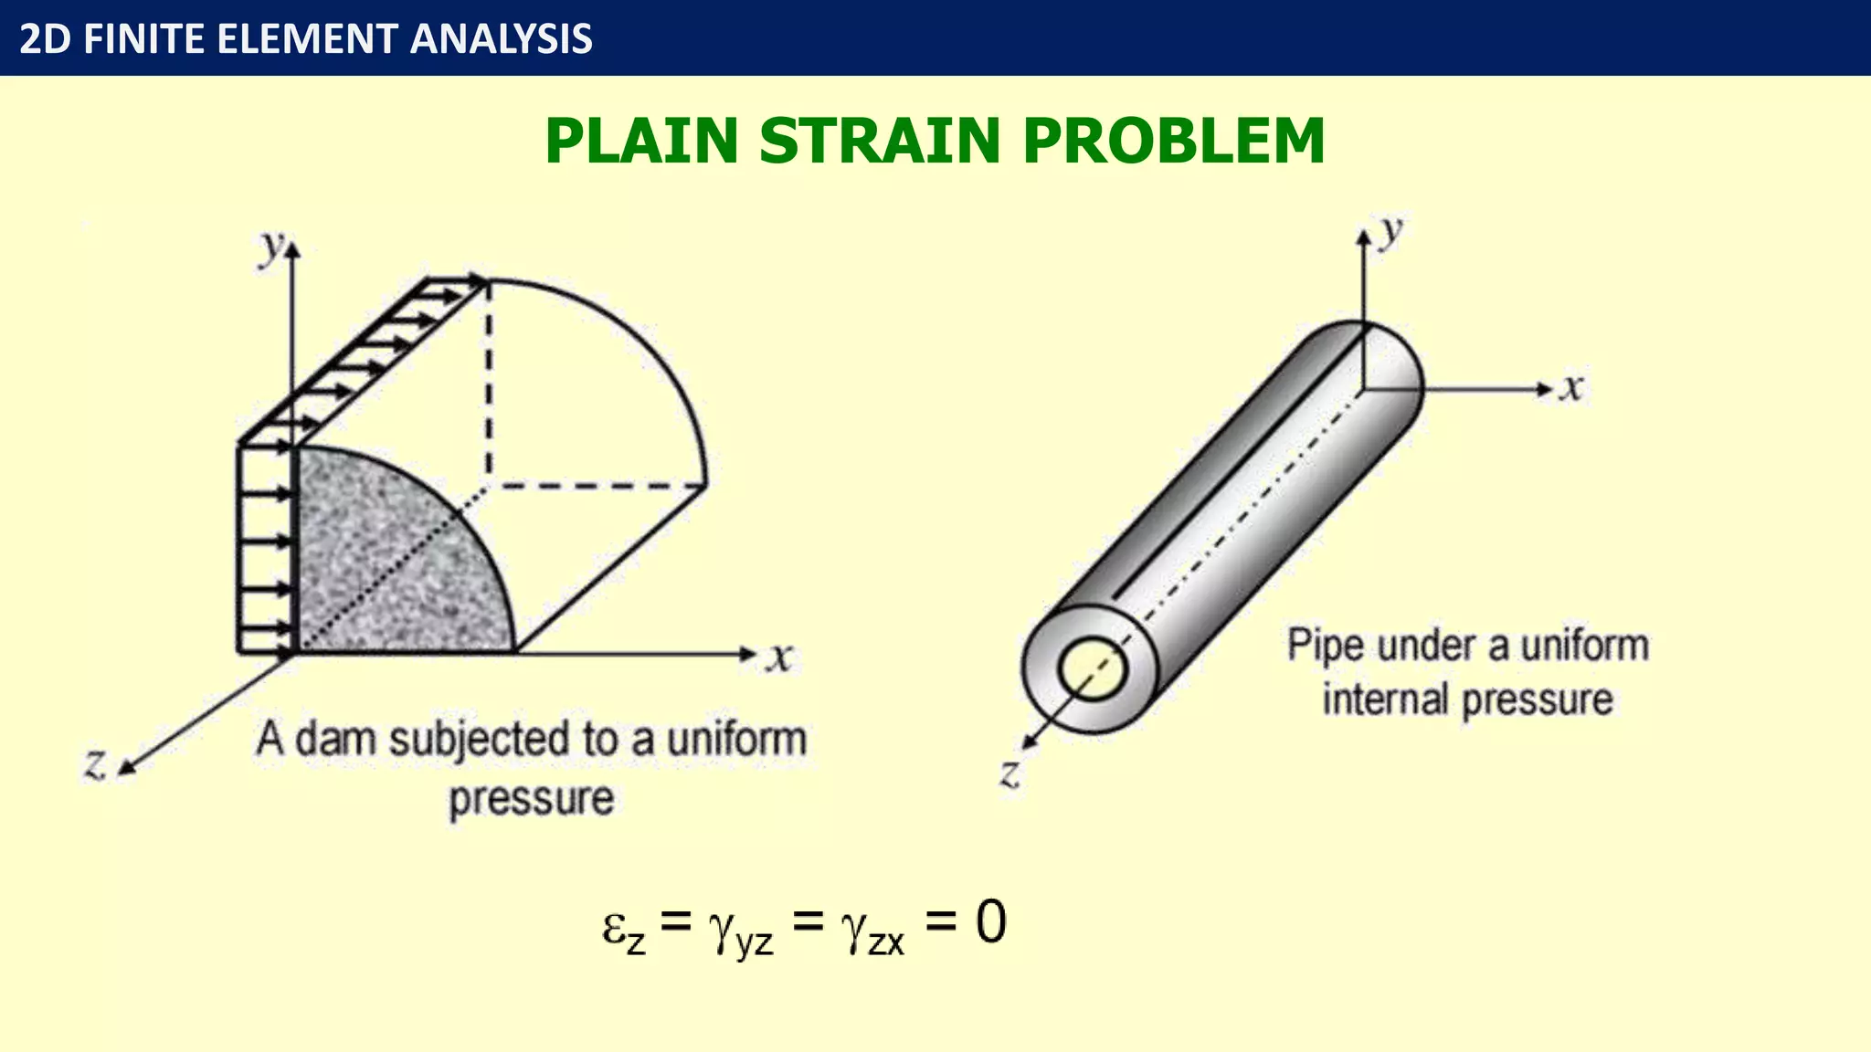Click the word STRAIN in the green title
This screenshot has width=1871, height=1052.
pyautogui.click(x=880, y=142)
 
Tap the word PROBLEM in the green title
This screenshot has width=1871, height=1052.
pyautogui.click(x=1173, y=142)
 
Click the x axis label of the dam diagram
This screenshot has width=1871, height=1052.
pyautogui.click(x=779, y=656)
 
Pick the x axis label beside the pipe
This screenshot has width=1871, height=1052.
pyautogui.click(x=1570, y=387)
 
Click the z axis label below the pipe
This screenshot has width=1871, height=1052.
pyautogui.click(x=1009, y=773)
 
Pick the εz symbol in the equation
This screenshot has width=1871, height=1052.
pyautogui.click(x=624, y=929)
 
